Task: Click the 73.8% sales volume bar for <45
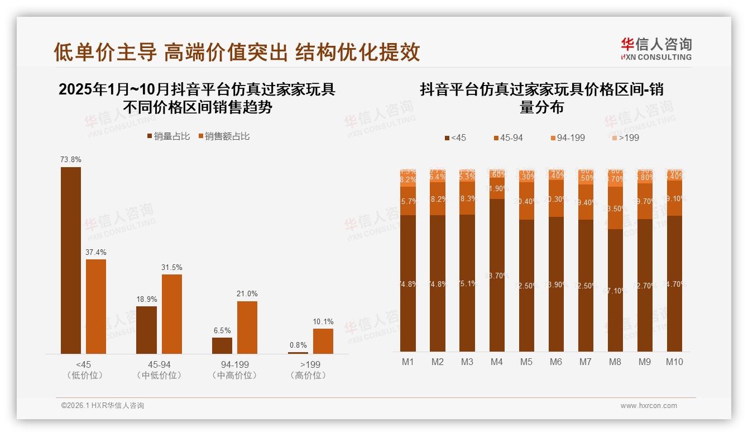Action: (71, 260)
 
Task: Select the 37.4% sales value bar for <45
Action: (96, 306)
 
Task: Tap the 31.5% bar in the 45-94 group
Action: (172, 314)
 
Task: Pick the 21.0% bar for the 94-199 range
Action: (247, 327)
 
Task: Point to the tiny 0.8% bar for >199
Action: (298, 353)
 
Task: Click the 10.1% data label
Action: (323, 322)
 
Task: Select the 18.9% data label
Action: (147, 300)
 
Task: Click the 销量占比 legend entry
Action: (169, 136)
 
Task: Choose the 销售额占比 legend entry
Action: (224, 136)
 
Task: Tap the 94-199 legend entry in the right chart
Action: (567, 138)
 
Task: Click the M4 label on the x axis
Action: (497, 362)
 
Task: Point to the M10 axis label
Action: (674, 362)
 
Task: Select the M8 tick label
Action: (615, 362)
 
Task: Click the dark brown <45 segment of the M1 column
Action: (408, 283)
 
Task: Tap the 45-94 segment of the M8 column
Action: (615, 208)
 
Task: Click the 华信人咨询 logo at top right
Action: (656, 49)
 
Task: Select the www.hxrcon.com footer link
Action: (649, 406)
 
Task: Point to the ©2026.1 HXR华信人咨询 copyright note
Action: (103, 406)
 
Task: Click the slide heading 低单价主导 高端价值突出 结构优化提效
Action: (237, 52)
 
